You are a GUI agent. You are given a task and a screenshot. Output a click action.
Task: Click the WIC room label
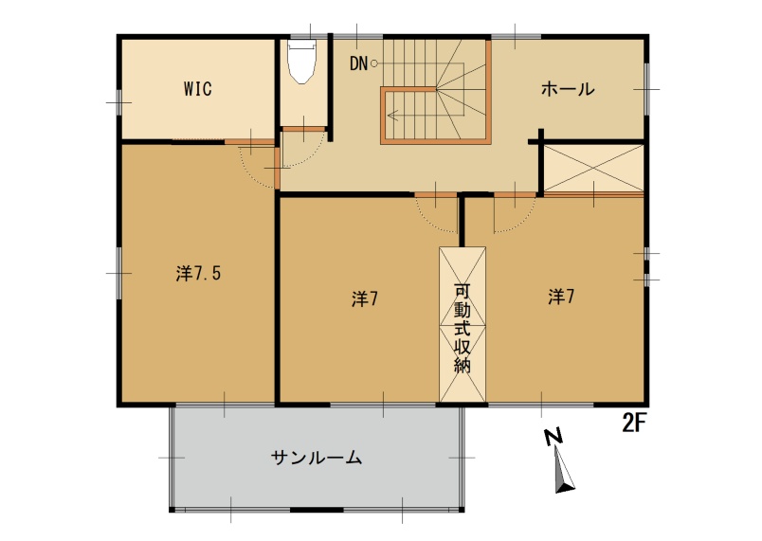tap(197, 89)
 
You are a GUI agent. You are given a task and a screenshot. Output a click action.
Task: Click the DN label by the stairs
tap(358, 64)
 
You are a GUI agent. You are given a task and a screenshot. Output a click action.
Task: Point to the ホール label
tap(568, 90)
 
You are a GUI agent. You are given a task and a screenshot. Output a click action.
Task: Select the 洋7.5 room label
tap(199, 274)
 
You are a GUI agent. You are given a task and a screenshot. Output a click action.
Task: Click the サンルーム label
tap(317, 459)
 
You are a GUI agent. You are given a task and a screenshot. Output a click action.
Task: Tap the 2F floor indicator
tap(634, 423)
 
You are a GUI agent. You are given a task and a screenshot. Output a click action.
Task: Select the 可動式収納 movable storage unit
tap(463, 324)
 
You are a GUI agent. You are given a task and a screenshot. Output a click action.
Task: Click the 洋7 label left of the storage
tap(365, 298)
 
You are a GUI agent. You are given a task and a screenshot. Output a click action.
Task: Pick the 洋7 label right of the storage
tap(561, 297)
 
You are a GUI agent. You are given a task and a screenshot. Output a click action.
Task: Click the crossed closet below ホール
tap(593, 168)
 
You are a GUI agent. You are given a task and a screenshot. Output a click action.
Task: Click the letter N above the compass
tap(553, 438)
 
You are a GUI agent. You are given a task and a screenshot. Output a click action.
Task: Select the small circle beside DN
tap(375, 64)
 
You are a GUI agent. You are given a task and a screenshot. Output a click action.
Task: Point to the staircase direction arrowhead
tap(393, 112)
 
